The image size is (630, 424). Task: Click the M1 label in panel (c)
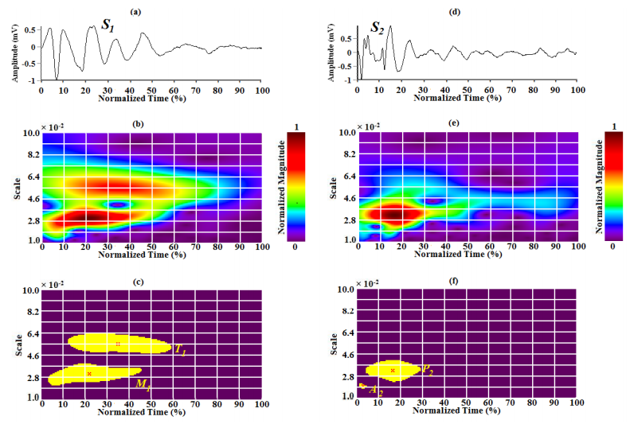(x=143, y=384)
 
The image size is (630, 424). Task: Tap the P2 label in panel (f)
(x=428, y=370)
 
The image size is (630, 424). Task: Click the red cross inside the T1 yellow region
(x=118, y=344)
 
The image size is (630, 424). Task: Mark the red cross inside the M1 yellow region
(x=89, y=373)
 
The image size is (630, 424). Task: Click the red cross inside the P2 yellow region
(x=393, y=370)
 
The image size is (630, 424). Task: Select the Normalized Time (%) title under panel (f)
(x=466, y=412)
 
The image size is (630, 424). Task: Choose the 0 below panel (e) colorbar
(x=611, y=247)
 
